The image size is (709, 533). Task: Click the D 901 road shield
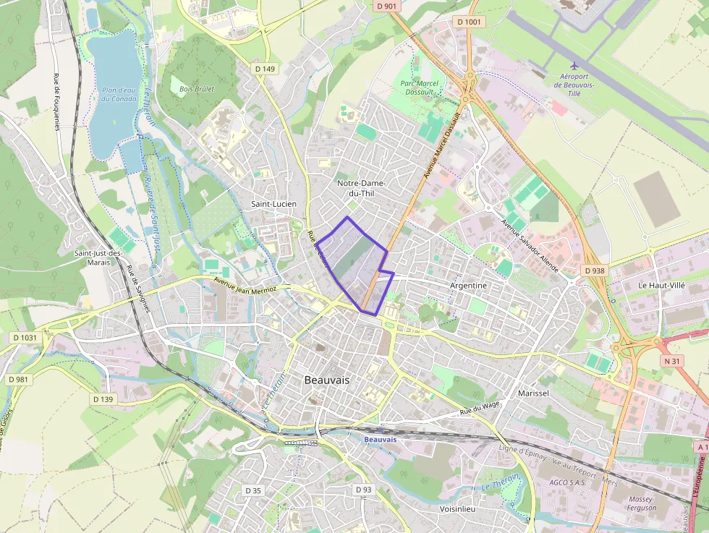387,7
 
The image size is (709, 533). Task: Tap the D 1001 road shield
470,22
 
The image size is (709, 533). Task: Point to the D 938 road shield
594,270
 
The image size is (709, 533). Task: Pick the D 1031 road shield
25,338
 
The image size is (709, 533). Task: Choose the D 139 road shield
103,399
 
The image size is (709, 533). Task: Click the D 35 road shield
252,490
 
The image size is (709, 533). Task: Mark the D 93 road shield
364,490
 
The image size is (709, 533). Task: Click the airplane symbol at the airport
574,66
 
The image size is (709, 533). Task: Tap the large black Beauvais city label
327,380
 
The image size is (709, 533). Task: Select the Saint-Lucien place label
273,204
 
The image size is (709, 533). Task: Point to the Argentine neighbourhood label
469,286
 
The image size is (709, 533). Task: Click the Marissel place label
534,393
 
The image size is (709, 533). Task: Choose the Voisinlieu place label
457,509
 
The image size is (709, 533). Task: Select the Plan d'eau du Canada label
119,94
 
